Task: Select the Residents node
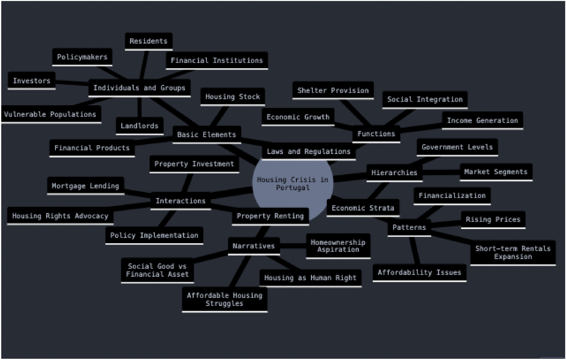pos(148,41)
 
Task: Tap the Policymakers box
pos(82,57)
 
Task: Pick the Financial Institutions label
pos(216,60)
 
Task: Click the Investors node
pos(32,81)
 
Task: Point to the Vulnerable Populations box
pos(50,114)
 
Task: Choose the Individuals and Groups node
pos(139,88)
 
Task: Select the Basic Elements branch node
pos(206,134)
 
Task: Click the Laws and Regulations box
pos(308,152)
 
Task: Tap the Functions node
pos(376,134)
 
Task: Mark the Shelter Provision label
pos(333,90)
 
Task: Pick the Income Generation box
pos(482,120)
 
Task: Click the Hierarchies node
pos(394,173)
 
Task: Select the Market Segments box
pos(496,172)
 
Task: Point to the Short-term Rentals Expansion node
pos(513,252)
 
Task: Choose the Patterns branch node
pos(409,227)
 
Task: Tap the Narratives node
pos(253,246)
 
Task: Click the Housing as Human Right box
pos(310,278)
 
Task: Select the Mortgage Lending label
pos(85,186)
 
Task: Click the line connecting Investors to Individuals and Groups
pos(72,84)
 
